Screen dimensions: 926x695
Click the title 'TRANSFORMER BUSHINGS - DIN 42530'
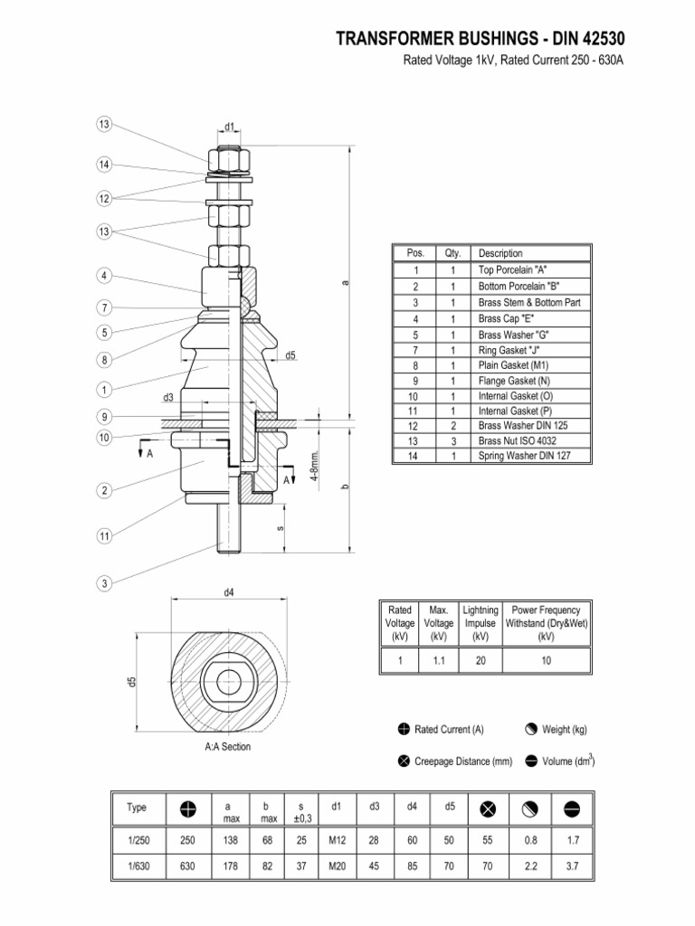pos(480,39)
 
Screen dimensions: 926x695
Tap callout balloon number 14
pos(105,165)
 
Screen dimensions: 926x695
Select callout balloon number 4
pos(105,275)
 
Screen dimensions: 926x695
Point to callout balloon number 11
pos(105,535)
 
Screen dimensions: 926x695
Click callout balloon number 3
pos(105,584)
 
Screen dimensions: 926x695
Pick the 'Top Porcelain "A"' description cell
pos(513,269)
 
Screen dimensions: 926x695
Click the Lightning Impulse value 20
pos(480,662)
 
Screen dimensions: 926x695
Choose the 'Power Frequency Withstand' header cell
pos(546,623)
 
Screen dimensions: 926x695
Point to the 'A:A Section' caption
pos(228,747)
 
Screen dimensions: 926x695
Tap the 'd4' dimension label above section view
pos(229,593)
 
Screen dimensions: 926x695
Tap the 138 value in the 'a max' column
pos(228,840)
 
